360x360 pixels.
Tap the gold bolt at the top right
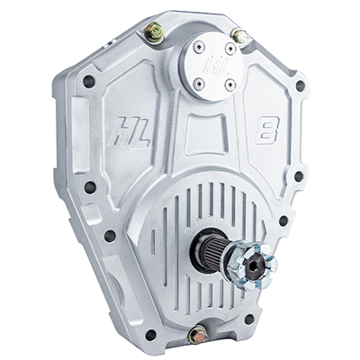[x=239, y=36]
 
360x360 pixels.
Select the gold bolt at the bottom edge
[x=198, y=334]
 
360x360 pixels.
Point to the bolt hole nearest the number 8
[x=300, y=86]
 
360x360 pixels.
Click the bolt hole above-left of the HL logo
[x=88, y=81]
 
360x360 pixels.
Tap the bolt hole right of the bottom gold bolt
[x=249, y=319]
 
